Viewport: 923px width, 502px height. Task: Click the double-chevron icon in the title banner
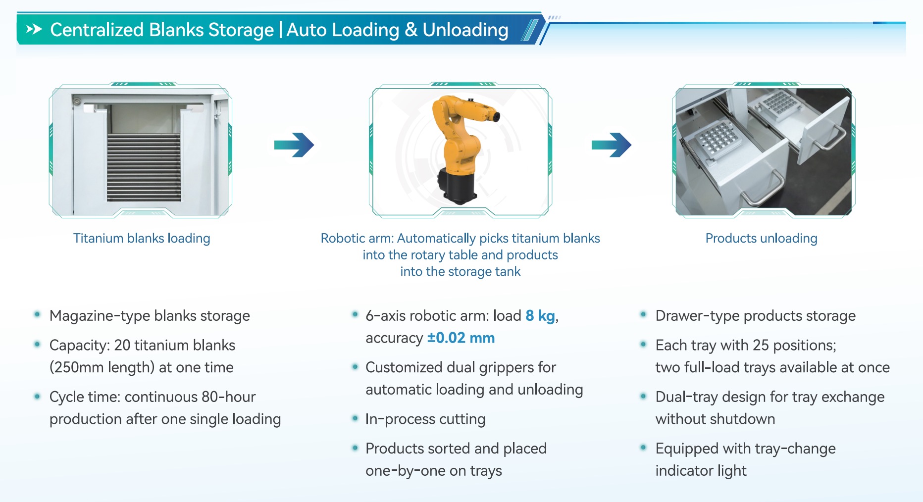34,30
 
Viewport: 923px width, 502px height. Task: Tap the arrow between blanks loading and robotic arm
294,145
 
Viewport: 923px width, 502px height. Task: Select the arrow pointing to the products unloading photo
612,145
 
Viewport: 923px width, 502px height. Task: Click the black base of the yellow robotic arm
457,185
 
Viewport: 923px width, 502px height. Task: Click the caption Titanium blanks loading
142,238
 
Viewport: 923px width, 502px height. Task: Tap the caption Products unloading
761,238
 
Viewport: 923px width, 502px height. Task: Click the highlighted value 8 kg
540,316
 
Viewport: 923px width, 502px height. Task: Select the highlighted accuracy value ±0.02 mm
461,338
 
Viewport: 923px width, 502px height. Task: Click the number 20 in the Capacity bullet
122,345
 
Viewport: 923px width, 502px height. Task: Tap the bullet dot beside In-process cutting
355,418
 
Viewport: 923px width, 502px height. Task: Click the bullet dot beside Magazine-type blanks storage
37,314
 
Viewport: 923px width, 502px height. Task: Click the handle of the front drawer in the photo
763,191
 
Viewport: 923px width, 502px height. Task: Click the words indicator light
701,470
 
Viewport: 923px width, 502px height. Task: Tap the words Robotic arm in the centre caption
357,238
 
